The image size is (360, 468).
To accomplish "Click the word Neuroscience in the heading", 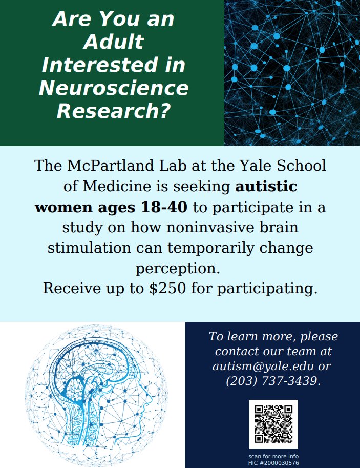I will [x=113, y=88].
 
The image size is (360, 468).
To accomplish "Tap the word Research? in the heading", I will [x=113, y=110].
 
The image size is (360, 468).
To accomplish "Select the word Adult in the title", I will [x=113, y=42].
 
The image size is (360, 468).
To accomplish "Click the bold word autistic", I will [x=266, y=187].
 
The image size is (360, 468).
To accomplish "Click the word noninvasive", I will [x=189, y=227].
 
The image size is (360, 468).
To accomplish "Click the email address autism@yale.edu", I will [x=263, y=367].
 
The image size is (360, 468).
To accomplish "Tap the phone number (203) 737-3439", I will [x=273, y=382].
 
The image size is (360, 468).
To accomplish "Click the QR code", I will [x=273, y=424].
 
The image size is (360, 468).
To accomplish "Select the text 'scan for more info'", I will [x=273, y=456].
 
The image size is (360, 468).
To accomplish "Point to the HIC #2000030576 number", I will [x=273, y=463].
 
